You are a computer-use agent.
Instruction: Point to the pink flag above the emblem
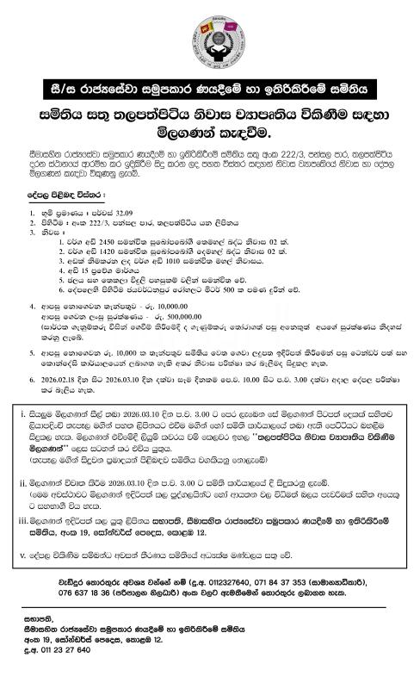click(222, 9)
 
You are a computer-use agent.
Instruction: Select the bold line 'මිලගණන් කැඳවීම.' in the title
click(210, 133)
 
